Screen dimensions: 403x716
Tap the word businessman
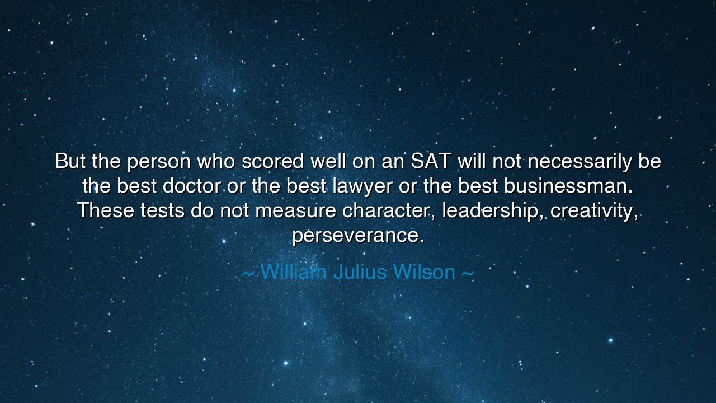[x=568, y=186]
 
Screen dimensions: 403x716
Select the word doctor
[x=192, y=186]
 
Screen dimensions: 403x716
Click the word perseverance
[x=358, y=236]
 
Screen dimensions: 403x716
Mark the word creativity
[x=595, y=211]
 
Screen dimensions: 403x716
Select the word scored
[x=273, y=162]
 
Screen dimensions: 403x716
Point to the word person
[x=159, y=162]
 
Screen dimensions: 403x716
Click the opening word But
[x=70, y=162]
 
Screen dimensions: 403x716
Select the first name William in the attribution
[x=294, y=272]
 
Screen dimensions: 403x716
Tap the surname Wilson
[x=424, y=272]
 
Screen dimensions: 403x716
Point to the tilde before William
[x=249, y=273]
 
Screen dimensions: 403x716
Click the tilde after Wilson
[x=468, y=273]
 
